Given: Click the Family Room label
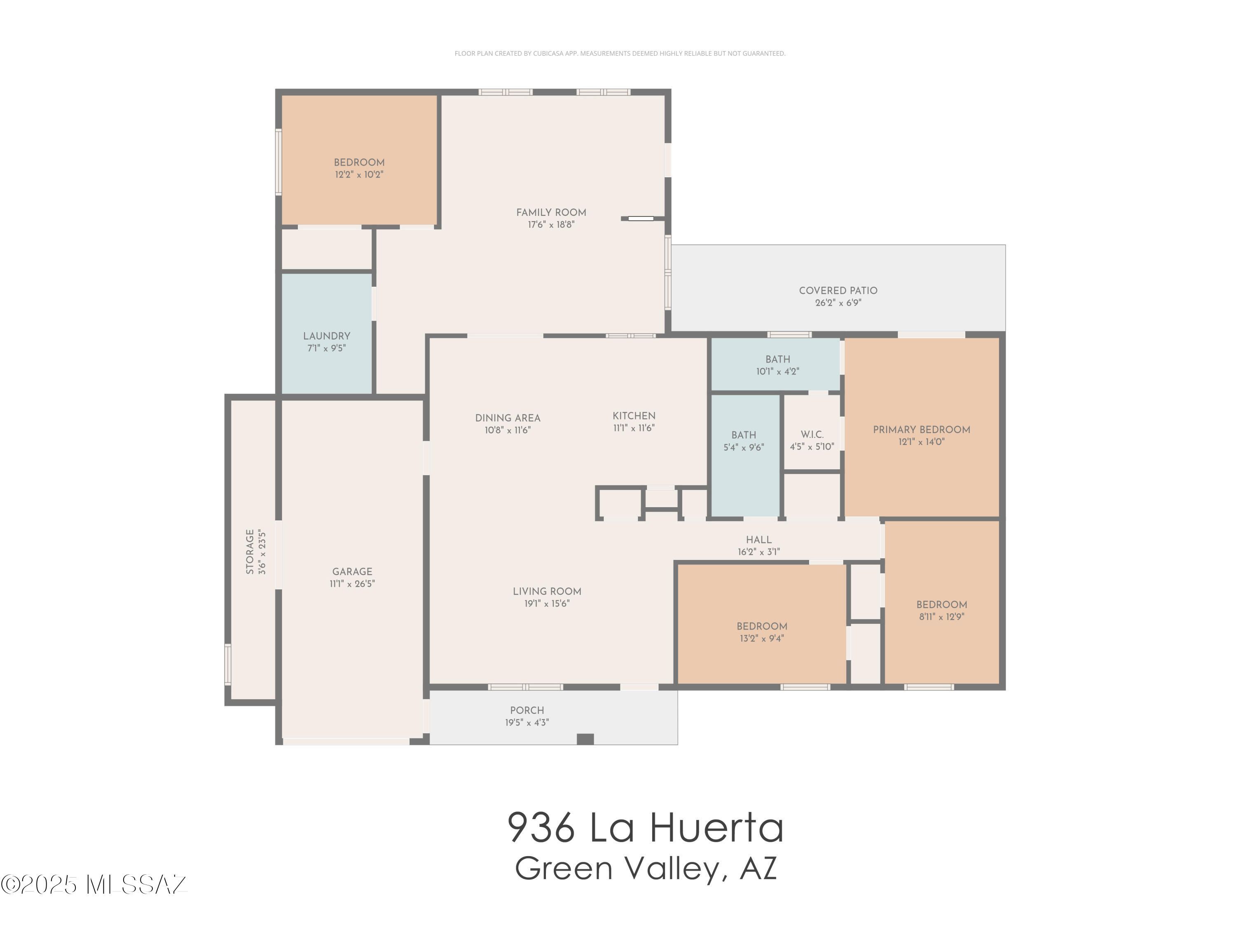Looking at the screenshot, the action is (551, 212).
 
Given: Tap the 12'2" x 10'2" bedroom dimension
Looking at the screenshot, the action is (359, 174).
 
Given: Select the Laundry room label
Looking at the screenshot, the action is (327, 336).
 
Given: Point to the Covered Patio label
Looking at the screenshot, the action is (838, 290).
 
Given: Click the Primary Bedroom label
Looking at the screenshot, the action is (921, 430).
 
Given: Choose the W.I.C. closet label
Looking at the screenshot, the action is (812, 434).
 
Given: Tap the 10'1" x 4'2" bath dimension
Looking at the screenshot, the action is (778, 372).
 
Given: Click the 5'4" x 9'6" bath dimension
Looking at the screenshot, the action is (744, 447).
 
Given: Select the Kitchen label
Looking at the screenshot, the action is (634, 416).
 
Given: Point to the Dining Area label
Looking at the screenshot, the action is (508, 418).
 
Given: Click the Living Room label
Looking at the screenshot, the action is (547, 591).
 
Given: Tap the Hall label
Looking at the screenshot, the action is (759, 540).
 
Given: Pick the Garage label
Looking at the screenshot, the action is (352, 571).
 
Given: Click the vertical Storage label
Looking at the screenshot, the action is (250, 552).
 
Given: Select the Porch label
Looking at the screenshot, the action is (527, 710).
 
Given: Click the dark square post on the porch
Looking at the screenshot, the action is (585, 739).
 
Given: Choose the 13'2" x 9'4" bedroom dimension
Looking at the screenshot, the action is (762, 638).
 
